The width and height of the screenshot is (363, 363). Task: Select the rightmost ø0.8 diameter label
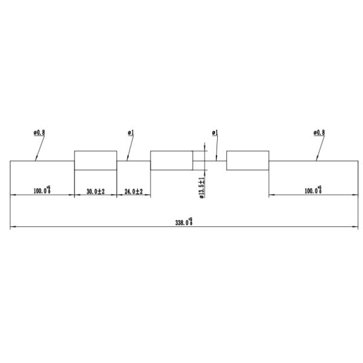(x=319, y=132)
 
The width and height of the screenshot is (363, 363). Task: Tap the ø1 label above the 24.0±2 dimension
(x=131, y=132)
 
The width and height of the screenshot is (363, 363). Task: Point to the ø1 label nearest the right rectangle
(x=215, y=132)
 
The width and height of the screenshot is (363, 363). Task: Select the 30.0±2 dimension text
(x=96, y=191)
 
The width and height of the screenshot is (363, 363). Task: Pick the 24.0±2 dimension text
(x=133, y=191)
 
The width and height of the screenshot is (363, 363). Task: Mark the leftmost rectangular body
(x=95, y=161)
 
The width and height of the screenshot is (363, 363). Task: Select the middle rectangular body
(x=171, y=161)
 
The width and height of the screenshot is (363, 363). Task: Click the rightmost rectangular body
(x=247, y=161)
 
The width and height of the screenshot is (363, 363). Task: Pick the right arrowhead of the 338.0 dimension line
(x=355, y=227)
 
